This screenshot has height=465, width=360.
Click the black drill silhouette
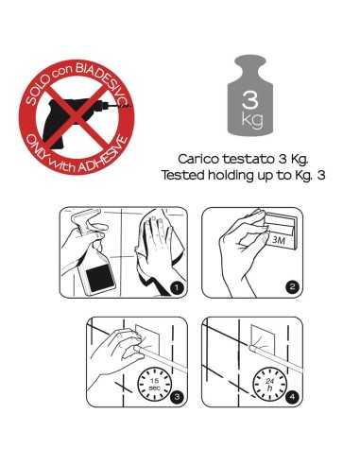73,121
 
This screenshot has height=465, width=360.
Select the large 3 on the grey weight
250,98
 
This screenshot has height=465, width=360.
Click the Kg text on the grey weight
252,120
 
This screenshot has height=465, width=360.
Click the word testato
249,159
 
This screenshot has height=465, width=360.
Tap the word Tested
183,175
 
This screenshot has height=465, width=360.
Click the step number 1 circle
177,287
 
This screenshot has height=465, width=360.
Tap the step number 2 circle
293,286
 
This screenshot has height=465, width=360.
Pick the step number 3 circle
177,396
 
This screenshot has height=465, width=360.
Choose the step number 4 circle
293,396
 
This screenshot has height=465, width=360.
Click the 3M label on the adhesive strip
279,241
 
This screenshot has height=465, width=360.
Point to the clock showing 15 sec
154,384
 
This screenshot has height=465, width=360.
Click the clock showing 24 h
269,384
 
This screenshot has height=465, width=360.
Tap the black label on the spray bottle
100,275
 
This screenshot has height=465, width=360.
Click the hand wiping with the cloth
156,243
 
